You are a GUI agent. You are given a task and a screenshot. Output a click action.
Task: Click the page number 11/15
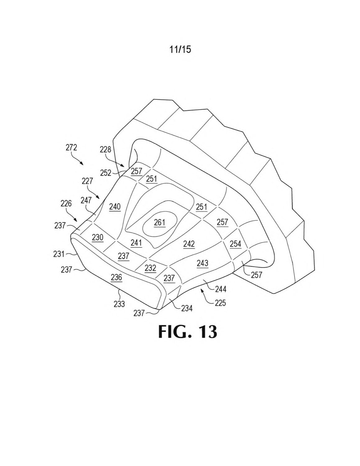tap(180, 49)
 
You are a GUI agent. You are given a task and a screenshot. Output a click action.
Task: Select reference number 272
tap(71, 148)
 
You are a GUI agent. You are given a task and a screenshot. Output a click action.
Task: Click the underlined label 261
tap(159, 223)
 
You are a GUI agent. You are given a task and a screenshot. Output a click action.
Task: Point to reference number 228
tap(105, 149)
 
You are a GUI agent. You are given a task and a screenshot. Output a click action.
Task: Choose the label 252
tap(106, 173)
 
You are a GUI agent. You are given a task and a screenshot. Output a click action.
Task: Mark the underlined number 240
tap(115, 207)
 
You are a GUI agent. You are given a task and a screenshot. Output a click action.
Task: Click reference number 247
tap(86, 200)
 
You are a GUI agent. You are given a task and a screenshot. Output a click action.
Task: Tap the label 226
tap(66, 203)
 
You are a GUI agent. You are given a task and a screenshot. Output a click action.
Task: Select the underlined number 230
tap(98, 238)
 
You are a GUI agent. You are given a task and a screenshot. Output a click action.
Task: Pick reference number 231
tap(59, 254)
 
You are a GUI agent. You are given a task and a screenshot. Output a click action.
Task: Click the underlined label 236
tap(117, 277)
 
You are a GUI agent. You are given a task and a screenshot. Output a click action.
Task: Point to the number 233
tap(119, 304)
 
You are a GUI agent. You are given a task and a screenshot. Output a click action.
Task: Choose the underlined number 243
tap(202, 263)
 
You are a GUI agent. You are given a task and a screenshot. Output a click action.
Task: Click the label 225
tap(220, 303)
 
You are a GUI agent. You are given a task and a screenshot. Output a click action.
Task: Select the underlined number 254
tap(236, 244)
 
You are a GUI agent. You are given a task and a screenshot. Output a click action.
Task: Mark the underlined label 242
tap(189, 244)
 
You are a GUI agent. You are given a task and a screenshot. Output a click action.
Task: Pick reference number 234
tap(187, 308)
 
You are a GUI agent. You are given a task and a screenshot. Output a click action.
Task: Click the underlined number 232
tap(150, 268)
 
